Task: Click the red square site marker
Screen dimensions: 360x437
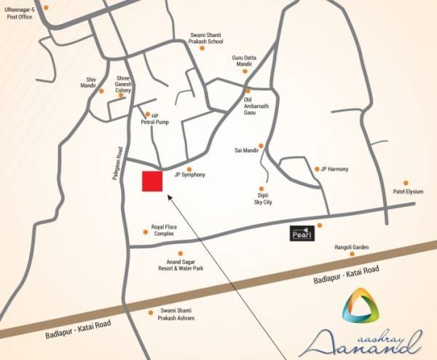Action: point(151,182)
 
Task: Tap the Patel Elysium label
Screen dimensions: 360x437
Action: point(408,192)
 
